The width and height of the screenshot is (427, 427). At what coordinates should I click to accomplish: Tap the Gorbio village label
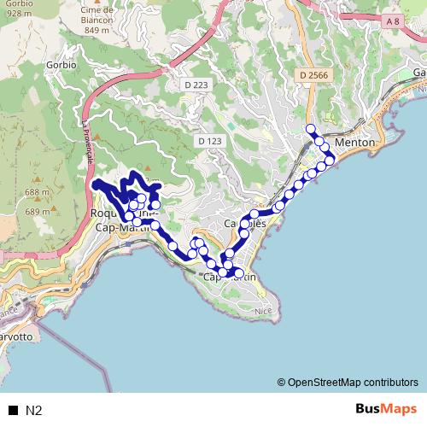pos(61,64)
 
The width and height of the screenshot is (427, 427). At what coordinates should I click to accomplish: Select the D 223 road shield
pos(196,85)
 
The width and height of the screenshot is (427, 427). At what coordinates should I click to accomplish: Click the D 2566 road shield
pos(313,76)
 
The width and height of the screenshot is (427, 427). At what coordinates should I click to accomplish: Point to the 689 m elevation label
pos(38,211)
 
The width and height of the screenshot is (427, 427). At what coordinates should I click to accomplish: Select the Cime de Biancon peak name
pos(98,10)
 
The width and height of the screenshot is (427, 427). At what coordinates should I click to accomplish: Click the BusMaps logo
pos(386,409)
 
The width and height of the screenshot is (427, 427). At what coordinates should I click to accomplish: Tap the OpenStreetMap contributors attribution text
pos(348,383)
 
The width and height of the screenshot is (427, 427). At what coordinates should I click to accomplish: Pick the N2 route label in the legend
pos(34,410)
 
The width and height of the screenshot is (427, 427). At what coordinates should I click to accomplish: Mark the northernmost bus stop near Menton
pos(310,130)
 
